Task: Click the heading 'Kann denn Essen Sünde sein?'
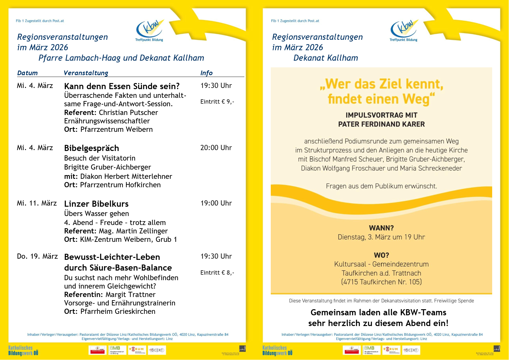122,86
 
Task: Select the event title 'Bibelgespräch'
91,148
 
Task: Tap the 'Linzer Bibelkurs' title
96,204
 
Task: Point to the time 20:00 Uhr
216,148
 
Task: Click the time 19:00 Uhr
216,203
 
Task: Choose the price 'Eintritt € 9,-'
217,102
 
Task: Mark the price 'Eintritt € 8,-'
217,273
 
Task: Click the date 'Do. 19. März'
37,256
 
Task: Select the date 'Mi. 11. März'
37,203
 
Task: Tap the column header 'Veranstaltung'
86,73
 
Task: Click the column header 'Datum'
27,73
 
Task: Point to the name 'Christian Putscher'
128,113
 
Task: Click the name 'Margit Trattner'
130,295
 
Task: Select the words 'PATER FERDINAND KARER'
381,124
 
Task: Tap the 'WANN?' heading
381,228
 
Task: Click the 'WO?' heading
381,255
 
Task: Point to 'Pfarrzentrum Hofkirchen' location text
120,185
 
